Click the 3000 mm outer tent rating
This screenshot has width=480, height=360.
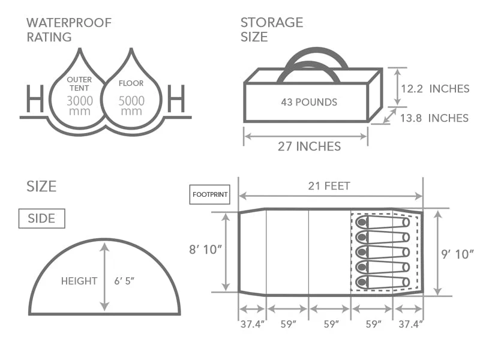[80, 106]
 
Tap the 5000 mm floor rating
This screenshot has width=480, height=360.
[131, 106]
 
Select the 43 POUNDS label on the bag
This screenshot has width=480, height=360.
[309, 102]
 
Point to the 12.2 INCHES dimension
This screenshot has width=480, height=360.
[435, 89]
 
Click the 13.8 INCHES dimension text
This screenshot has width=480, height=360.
[434, 118]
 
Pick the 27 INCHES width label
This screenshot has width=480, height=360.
[309, 146]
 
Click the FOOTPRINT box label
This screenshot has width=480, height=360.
[210, 194]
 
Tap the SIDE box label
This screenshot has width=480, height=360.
[41, 218]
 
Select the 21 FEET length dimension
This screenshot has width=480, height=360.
[329, 186]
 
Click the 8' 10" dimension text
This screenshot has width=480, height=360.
[205, 250]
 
